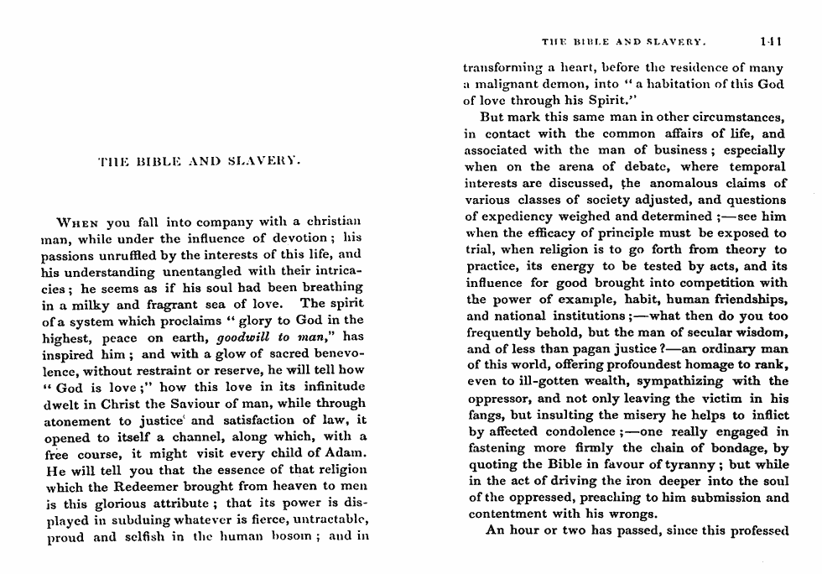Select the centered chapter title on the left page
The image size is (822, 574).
[200, 159]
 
